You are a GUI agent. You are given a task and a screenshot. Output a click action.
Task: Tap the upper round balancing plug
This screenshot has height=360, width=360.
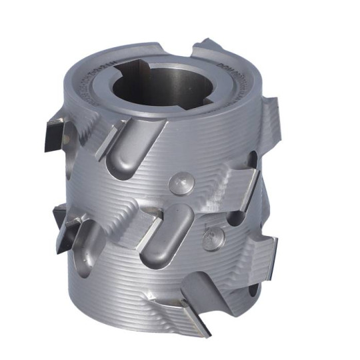pos(182,181)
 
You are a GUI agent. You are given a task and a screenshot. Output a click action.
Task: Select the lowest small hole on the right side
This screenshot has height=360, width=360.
pos(254,291)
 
